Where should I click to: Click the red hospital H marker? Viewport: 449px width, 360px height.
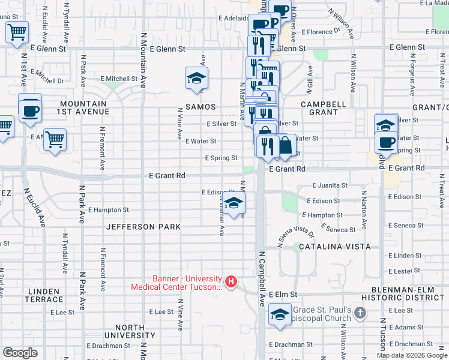pos(231,281)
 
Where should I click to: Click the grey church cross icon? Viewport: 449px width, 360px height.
pos(360,313)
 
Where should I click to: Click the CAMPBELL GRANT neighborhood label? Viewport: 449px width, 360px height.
pos(324,108)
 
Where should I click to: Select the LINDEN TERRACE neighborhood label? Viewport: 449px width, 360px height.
pos(44,295)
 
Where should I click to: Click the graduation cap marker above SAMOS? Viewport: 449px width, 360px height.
pos(196,79)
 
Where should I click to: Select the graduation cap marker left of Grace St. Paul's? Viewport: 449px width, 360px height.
pos(280,314)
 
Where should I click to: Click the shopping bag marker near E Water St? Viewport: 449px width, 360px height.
pos(285,146)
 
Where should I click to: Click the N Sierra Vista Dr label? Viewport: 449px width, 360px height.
pos(296,237)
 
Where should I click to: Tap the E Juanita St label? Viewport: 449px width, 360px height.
pos(327,186)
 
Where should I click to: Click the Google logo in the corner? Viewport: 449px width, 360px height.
pos(20,353)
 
